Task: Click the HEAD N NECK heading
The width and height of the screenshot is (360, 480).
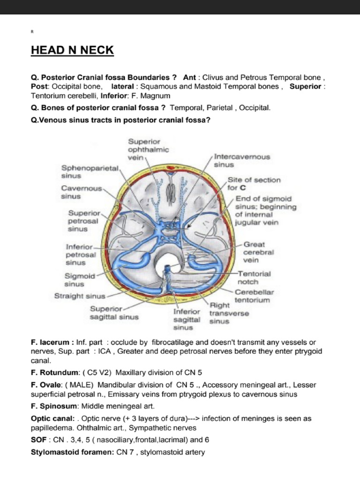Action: click(x=72, y=50)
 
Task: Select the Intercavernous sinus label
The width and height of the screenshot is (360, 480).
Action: click(x=242, y=161)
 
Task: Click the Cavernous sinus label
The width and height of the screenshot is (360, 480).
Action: click(x=81, y=192)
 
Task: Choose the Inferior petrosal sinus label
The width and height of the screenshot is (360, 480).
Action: click(x=81, y=255)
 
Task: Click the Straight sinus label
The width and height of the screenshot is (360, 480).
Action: click(x=80, y=296)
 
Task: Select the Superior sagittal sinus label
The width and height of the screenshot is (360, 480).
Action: click(x=114, y=313)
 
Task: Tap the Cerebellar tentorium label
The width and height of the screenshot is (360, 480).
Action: click(x=254, y=296)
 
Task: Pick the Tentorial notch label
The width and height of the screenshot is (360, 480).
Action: click(x=254, y=277)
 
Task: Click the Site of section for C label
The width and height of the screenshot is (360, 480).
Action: click(x=254, y=184)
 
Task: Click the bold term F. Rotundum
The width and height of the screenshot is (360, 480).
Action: click(x=53, y=373)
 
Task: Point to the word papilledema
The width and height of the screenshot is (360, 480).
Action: click(x=52, y=428)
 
